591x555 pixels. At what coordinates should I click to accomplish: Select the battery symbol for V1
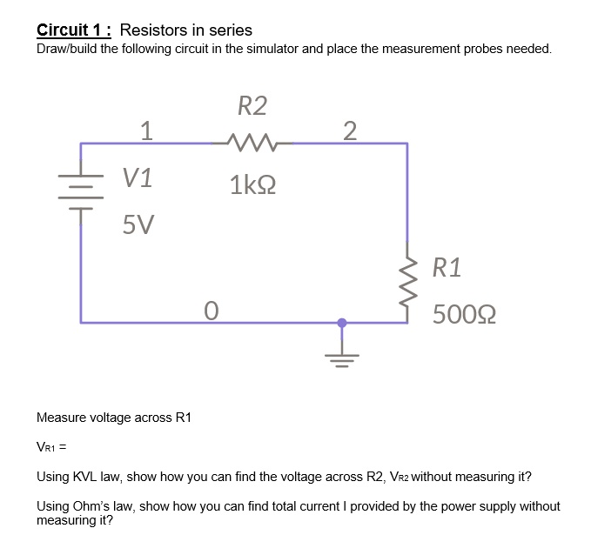click(x=82, y=191)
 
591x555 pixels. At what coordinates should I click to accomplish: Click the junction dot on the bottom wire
click(x=341, y=323)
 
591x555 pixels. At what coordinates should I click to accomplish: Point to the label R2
click(x=252, y=107)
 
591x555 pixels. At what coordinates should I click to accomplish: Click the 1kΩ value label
click(x=252, y=185)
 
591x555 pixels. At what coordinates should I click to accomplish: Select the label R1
click(x=447, y=267)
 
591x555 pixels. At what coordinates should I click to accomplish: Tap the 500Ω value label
click(x=464, y=313)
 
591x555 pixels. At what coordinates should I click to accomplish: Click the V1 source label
click(x=138, y=178)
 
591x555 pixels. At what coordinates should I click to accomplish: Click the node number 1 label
click(x=147, y=130)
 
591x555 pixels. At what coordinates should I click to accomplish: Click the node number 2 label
click(x=349, y=130)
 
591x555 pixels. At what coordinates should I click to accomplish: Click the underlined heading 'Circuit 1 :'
click(x=75, y=30)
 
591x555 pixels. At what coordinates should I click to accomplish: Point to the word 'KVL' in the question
click(x=88, y=478)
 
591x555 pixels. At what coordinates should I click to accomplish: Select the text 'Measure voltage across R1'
click(x=114, y=418)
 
